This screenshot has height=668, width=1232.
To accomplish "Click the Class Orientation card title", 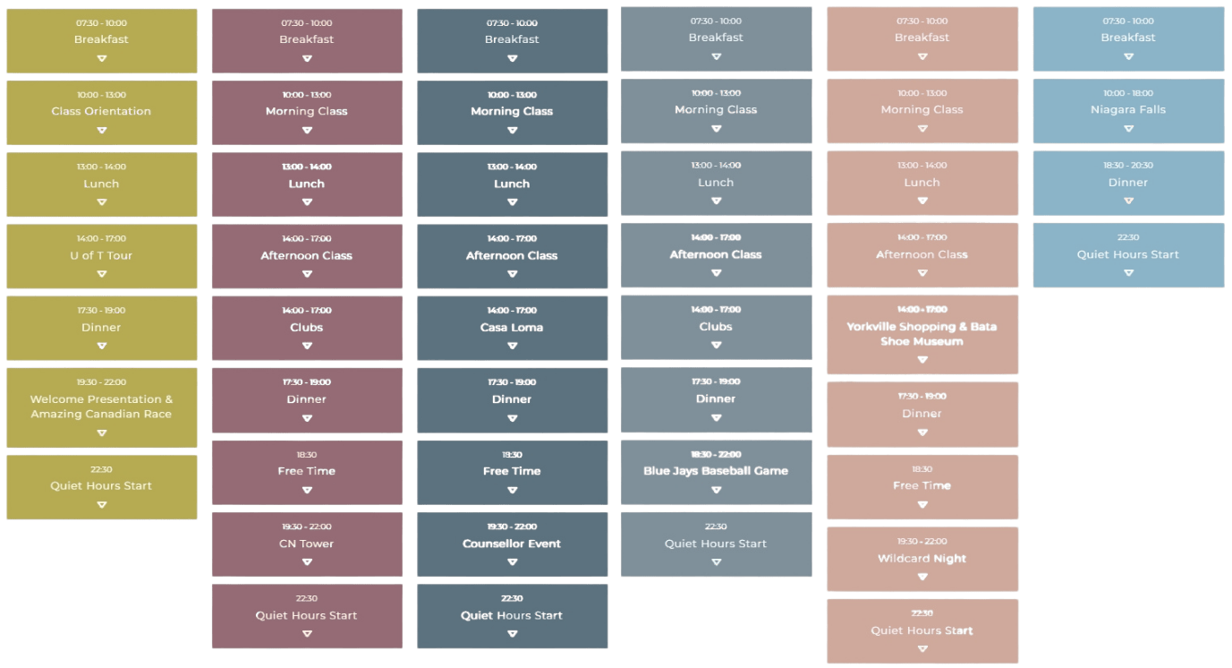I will click(101, 112).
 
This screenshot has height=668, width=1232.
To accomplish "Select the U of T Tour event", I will click(101, 256).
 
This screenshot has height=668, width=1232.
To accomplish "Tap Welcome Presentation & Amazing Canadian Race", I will click(101, 407).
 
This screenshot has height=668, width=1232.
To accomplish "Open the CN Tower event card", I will click(306, 544).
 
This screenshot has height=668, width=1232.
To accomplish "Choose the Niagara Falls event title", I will click(1127, 110).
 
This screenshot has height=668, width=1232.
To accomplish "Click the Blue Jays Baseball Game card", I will click(716, 471).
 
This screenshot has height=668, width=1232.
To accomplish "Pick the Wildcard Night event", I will click(922, 559).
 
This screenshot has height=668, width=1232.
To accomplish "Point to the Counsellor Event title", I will click(512, 544).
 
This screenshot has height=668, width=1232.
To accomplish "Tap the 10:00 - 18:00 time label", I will click(1127, 93).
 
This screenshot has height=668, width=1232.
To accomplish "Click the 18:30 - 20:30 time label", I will click(1127, 166).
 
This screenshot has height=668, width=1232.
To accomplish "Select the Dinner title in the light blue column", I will click(1127, 183).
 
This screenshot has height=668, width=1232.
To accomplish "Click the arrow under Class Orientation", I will click(101, 130).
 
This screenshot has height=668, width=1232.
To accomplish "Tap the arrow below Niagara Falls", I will click(1127, 128).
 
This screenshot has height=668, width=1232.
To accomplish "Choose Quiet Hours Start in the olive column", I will click(101, 486).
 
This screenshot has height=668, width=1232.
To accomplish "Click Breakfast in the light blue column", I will click(1127, 38).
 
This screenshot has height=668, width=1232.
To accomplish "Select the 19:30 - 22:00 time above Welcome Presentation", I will click(101, 382).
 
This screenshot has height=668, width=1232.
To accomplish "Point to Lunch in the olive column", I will click(101, 184).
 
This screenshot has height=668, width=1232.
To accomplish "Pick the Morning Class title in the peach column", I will click(922, 110).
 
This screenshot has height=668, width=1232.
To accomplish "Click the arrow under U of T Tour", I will click(101, 274).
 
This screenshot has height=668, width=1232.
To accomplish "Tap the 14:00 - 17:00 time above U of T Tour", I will click(101, 239).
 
